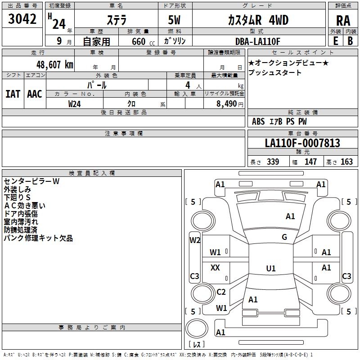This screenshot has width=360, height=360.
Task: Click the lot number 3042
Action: point(22,19)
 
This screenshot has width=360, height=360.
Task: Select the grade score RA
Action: point(343,21)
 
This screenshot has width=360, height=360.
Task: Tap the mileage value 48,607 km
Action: point(54,65)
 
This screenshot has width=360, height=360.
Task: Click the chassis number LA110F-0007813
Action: point(302,143)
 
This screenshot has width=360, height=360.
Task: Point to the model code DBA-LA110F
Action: point(258,41)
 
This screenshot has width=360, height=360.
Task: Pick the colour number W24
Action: point(74,104)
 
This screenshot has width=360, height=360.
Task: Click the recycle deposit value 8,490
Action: point(226,103)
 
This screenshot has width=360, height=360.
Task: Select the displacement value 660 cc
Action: point(143,41)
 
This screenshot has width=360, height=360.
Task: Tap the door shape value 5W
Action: point(174,20)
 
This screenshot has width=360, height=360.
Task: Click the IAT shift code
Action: point(13,94)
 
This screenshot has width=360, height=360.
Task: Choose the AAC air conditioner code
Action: point(35,94)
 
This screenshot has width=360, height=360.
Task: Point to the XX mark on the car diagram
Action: point(215,267)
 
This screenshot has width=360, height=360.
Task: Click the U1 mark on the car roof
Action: point(271,268)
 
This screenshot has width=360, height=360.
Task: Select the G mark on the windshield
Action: point(284,237)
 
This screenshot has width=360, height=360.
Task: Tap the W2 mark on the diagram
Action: point(195,240)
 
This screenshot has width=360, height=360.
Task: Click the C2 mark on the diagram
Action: point(221,292)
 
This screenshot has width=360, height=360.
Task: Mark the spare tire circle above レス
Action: point(197,328)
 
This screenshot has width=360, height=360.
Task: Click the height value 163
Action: point(346,162)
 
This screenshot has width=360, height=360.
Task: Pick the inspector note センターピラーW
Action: point(31,181)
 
